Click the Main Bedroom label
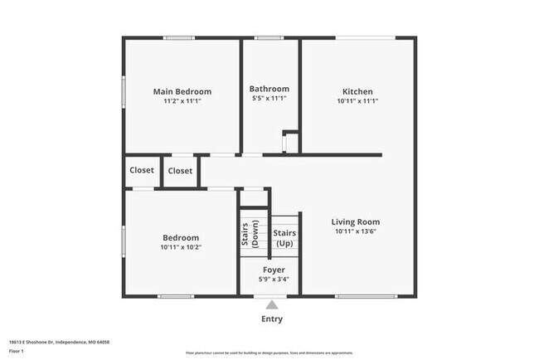[182, 91]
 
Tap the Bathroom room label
[269, 89]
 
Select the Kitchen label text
[357, 91]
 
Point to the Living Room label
[356, 221]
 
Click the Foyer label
[274, 270]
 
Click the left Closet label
[142, 170]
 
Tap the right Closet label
[180, 171]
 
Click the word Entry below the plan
[272, 319]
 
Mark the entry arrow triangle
[272, 305]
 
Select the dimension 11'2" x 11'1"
[182, 100]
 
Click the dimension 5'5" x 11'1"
[269, 100]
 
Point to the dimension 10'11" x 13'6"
[356, 232]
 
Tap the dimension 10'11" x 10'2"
[181, 246]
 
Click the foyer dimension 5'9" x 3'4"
[274, 280]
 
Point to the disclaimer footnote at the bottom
[269, 352]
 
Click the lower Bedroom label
[181, 237]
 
